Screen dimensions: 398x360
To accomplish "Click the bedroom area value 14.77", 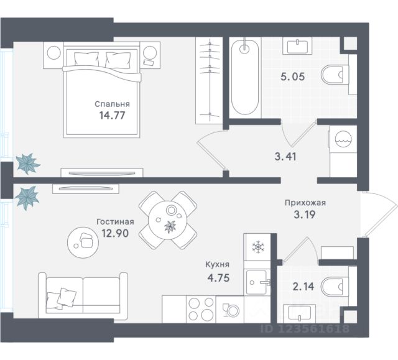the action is coord(112,116).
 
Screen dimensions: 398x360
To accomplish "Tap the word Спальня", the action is coord(112,104).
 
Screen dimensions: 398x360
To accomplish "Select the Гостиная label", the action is coord(115,222).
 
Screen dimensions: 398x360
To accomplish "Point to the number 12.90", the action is coord(115,233).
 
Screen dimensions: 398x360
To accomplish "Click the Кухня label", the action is coord(217,265).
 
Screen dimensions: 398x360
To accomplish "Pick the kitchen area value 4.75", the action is coord(218,278).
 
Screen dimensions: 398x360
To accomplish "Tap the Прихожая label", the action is coord(305,203).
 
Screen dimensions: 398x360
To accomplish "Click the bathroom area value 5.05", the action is coord(293,76).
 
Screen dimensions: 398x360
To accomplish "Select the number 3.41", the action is coord(285,157).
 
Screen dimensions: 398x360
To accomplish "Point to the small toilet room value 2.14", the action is coord(303,287).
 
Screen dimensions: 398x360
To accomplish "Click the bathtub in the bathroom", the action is coord(245,77).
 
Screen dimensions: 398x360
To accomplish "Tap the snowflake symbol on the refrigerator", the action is coord(258,247).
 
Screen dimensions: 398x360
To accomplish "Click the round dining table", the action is coord(168,220).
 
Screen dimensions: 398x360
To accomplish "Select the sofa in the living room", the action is coord(83,295).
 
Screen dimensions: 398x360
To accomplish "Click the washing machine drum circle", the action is coord(343,139).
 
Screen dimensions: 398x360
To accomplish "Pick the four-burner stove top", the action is coord(201,309).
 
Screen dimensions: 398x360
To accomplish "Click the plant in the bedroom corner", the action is coord(27,164).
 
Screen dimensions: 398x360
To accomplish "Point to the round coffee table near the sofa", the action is coord(83,242).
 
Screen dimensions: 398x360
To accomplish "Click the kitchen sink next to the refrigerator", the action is coord(256,282).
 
